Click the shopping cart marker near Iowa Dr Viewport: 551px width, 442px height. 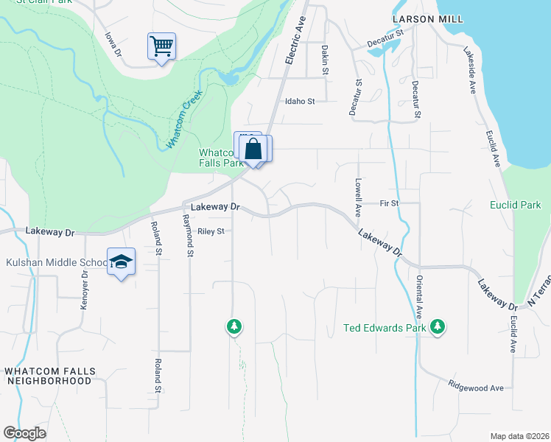click(161, 46)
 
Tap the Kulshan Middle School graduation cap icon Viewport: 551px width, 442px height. click(122, 262)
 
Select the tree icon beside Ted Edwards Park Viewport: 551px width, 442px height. click(438, 326)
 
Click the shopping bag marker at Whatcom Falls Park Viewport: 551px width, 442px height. click(253, 149)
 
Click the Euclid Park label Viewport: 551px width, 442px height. click(515, 205)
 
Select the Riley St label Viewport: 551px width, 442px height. click(210, 231)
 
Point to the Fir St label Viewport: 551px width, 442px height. click(389, 203)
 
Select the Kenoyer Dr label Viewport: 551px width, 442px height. click(85, 289)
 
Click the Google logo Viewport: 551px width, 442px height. click(24, 433)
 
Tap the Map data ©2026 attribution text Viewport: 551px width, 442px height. click(519, 436)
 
